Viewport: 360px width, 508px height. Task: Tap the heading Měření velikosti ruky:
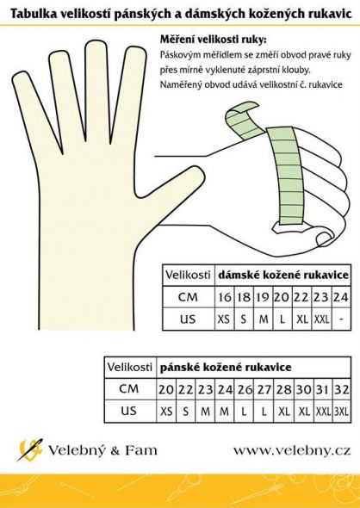click(213, 40)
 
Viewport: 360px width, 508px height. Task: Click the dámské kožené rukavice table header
click(282, 275)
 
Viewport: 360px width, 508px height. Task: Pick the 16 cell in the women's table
click(225, 297)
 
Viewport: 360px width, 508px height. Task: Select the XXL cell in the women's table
click(321, 319)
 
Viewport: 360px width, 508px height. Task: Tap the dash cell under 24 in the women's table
click(341, 319)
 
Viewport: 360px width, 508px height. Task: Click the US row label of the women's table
click(188, 319)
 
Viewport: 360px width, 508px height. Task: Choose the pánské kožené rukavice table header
click(226, 367)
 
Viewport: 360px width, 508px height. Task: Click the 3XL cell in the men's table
click(341, 412)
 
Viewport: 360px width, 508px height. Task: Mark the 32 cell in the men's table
click(341, 389)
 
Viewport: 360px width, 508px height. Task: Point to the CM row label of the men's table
click(129, 389)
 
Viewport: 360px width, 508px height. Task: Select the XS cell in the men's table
click(166, 412)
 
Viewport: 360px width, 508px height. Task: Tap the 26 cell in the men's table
click(245, 389)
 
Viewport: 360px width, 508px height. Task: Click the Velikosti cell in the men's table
click(129, 367)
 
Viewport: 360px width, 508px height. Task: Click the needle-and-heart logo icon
click(30, 449)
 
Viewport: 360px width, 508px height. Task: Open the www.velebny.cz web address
click(292, 450)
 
